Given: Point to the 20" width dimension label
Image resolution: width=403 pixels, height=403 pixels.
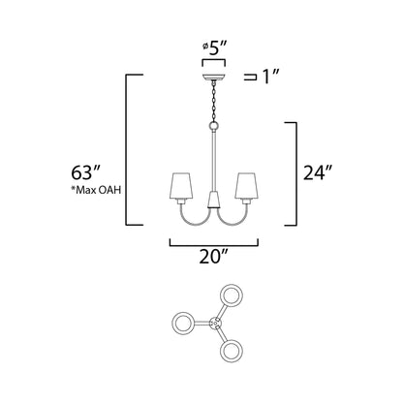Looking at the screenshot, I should point(213,259).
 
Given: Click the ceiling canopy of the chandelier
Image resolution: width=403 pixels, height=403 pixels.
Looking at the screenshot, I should point(212,74).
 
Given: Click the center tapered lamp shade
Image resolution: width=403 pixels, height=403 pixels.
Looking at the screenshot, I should point(213,206).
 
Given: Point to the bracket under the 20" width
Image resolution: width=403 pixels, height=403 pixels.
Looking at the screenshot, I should point(213,243).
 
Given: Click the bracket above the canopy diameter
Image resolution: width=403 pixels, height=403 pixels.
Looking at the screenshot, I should point(212,58).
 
